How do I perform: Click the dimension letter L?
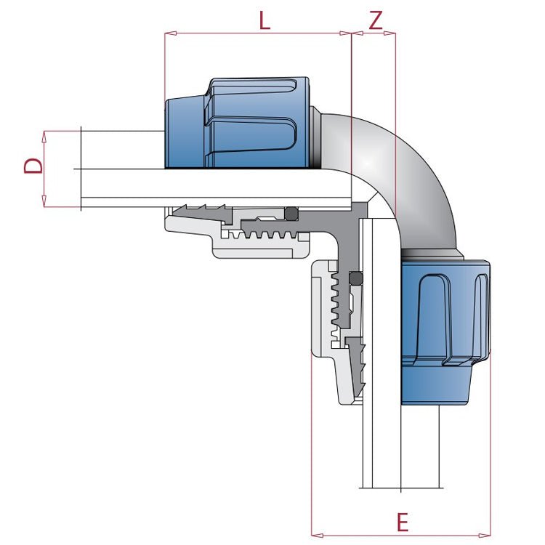tap(265, 20)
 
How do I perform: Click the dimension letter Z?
tap(375, 20)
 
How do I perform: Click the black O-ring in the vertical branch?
tap(355, 278)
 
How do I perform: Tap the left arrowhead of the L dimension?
tap(168, 33)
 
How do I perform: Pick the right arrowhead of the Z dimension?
tap(393, 33)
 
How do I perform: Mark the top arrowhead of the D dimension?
tap(45, 134)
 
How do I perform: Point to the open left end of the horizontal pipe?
tap(81, 169)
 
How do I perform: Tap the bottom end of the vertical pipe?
tap(402, 485)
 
